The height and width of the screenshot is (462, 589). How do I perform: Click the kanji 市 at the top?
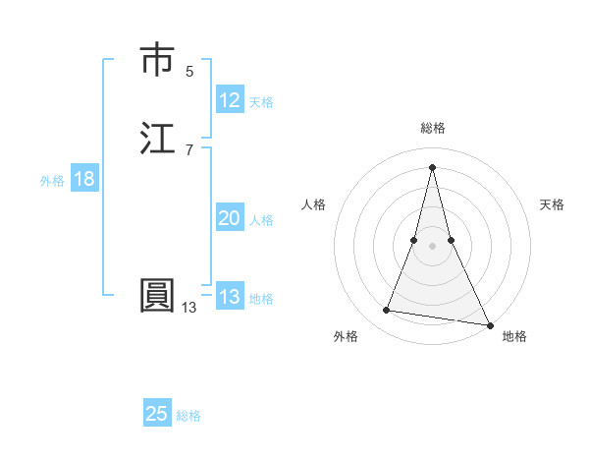157,60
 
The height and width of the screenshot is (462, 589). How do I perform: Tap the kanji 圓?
157,296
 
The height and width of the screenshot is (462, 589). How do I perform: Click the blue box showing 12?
230,100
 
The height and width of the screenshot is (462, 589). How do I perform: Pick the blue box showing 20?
230,219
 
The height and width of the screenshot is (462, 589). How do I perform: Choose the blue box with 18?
83,179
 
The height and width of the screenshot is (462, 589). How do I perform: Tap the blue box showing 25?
157,414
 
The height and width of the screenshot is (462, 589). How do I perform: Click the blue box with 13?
230,297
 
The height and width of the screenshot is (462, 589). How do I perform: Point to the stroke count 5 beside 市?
189,71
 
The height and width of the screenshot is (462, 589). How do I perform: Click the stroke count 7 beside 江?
189,149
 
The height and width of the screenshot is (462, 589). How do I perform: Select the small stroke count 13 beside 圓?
188,308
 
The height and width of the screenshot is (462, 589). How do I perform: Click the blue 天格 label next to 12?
261,102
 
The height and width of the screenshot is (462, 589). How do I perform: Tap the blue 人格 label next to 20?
261,220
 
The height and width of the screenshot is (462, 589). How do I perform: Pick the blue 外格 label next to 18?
52,181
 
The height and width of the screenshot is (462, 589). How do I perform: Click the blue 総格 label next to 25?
188,416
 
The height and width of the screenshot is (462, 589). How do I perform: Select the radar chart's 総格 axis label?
432,128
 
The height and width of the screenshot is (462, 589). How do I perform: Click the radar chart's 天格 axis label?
552,204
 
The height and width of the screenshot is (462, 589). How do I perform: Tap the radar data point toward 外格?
387,311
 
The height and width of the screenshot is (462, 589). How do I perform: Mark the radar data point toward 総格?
432,166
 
